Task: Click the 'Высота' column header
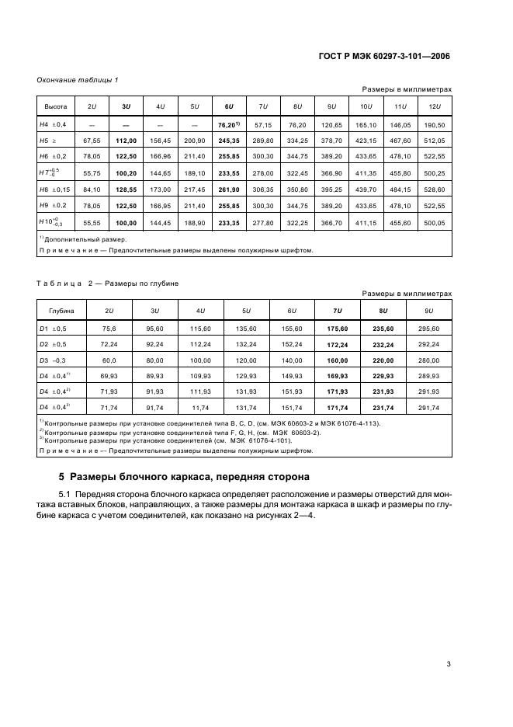55,106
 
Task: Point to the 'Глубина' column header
61,311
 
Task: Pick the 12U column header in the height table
434,106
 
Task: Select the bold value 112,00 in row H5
126,141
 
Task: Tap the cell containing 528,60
434,189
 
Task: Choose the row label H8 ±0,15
55,189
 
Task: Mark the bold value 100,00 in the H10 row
126,223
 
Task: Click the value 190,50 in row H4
434,124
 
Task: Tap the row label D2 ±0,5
54,344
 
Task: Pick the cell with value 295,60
428,329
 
